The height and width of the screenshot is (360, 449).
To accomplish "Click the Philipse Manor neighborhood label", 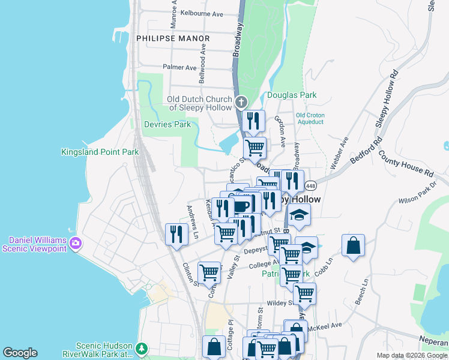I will coord(173,38).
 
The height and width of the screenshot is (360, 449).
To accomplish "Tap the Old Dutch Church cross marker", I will coord(241,102).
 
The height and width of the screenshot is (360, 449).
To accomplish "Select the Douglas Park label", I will coord(291,95).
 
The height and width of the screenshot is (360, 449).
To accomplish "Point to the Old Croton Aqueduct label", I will coord(309,118).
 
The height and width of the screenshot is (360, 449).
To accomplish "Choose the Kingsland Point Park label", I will coord(100,152).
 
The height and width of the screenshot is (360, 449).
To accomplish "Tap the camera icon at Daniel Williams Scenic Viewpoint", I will coord(76,243).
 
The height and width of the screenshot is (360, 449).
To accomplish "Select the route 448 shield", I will coord(310,185).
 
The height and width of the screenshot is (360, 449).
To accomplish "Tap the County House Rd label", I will coord(406,163).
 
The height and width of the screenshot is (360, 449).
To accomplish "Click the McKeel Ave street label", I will coord(324,326).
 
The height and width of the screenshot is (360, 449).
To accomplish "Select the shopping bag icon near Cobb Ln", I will coord(353,244).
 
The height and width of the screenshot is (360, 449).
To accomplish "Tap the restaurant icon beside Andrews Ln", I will coord(176,233).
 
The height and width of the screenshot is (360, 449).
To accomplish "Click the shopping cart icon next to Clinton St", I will coord(209,272).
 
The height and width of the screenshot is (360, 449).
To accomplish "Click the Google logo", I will coord(20,353).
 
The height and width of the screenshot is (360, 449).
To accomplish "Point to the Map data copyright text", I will coord(411,355).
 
